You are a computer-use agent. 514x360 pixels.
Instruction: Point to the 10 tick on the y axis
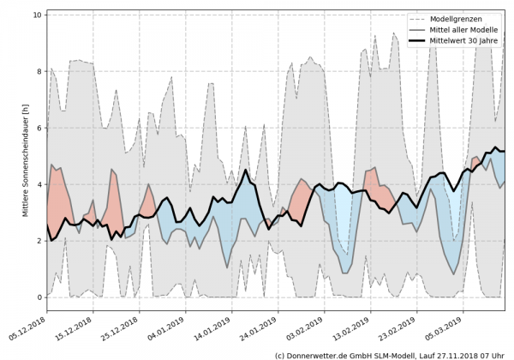pos(37,15)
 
